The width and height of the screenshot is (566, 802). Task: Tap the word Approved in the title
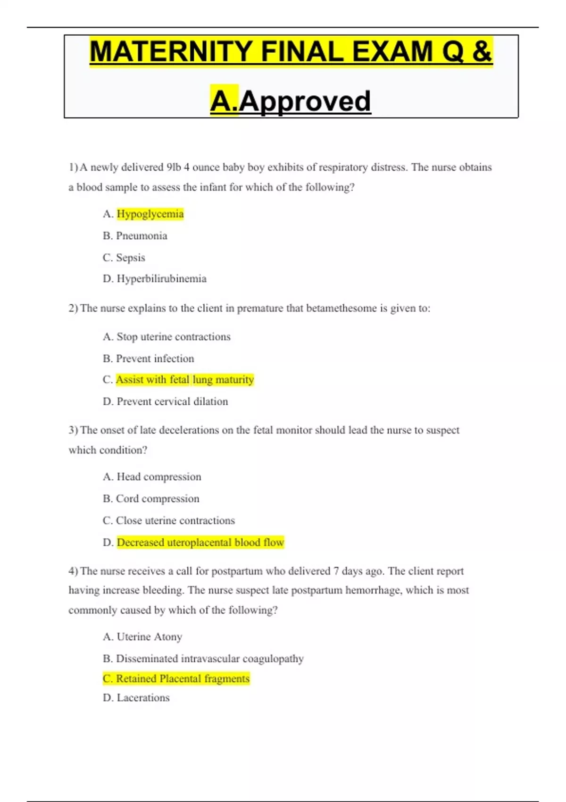pyautogui.click(x=305, y=101)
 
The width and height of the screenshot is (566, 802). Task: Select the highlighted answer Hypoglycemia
pyautogui.click(x=150, y=214)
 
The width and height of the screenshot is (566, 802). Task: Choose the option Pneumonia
pyautogui.click(x=141, y=236)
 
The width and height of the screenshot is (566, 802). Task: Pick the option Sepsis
pyautogui.click(x=131, y=258)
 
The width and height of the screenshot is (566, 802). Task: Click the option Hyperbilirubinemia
pyautogui.click(x=161, y=279)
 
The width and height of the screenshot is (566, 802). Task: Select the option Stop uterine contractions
pyautogui.click(x=173, y=337)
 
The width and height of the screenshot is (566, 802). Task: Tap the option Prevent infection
pyautogui.click(x=155, y=359)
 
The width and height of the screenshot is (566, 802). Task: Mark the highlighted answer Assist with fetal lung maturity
pyautogui.click(x=185, y=380)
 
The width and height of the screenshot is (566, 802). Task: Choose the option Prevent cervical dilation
pyautogui.click(x=172, y=401)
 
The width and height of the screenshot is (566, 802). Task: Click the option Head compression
pyautogui.click(x=158, y=477)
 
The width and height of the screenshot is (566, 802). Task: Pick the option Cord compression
pyautogui.click(x=158, y=499)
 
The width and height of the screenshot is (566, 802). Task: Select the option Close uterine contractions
pyautogui.click(x=175, y=520)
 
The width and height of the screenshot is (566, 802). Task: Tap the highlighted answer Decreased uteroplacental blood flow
pyautogui.click(x=200, y=543)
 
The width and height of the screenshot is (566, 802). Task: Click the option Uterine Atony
pyautogui.click(x=149, y=637)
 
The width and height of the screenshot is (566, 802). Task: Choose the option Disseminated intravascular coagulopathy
pyautogui.click(x=209, y=659)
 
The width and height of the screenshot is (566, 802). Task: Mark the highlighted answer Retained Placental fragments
pyautogui.click(x=182, y=678)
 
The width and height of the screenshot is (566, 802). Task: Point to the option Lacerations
pyautogui.click(x=143, y=698)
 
